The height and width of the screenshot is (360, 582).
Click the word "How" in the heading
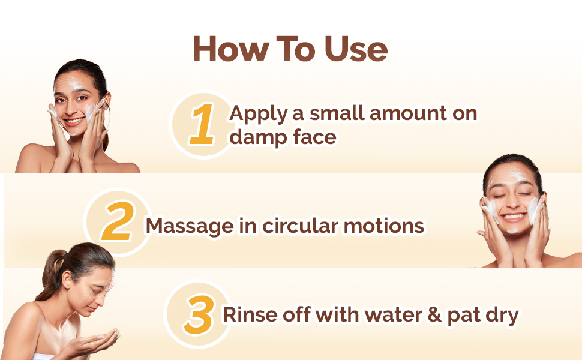tap(231, 49)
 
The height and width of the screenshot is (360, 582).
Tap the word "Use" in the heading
tap(356, 49)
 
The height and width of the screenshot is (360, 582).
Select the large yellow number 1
tap(202, 124)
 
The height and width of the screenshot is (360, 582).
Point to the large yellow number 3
tap(200, 314)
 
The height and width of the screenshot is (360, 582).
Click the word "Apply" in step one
tap(259, 114)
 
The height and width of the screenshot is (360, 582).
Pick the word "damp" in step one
tap(258, 137)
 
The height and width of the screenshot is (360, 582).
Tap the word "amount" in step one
tap(408, 113)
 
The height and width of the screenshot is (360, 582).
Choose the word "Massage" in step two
tap(190, 226)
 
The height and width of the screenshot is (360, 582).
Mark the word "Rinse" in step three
tap(250, 315)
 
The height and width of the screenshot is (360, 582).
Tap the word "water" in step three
tap(394, 315)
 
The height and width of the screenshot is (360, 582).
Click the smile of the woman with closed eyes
tap(513, 217)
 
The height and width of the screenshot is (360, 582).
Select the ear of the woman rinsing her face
tap(67, 280)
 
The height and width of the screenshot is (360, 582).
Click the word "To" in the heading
tap(296, 49)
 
